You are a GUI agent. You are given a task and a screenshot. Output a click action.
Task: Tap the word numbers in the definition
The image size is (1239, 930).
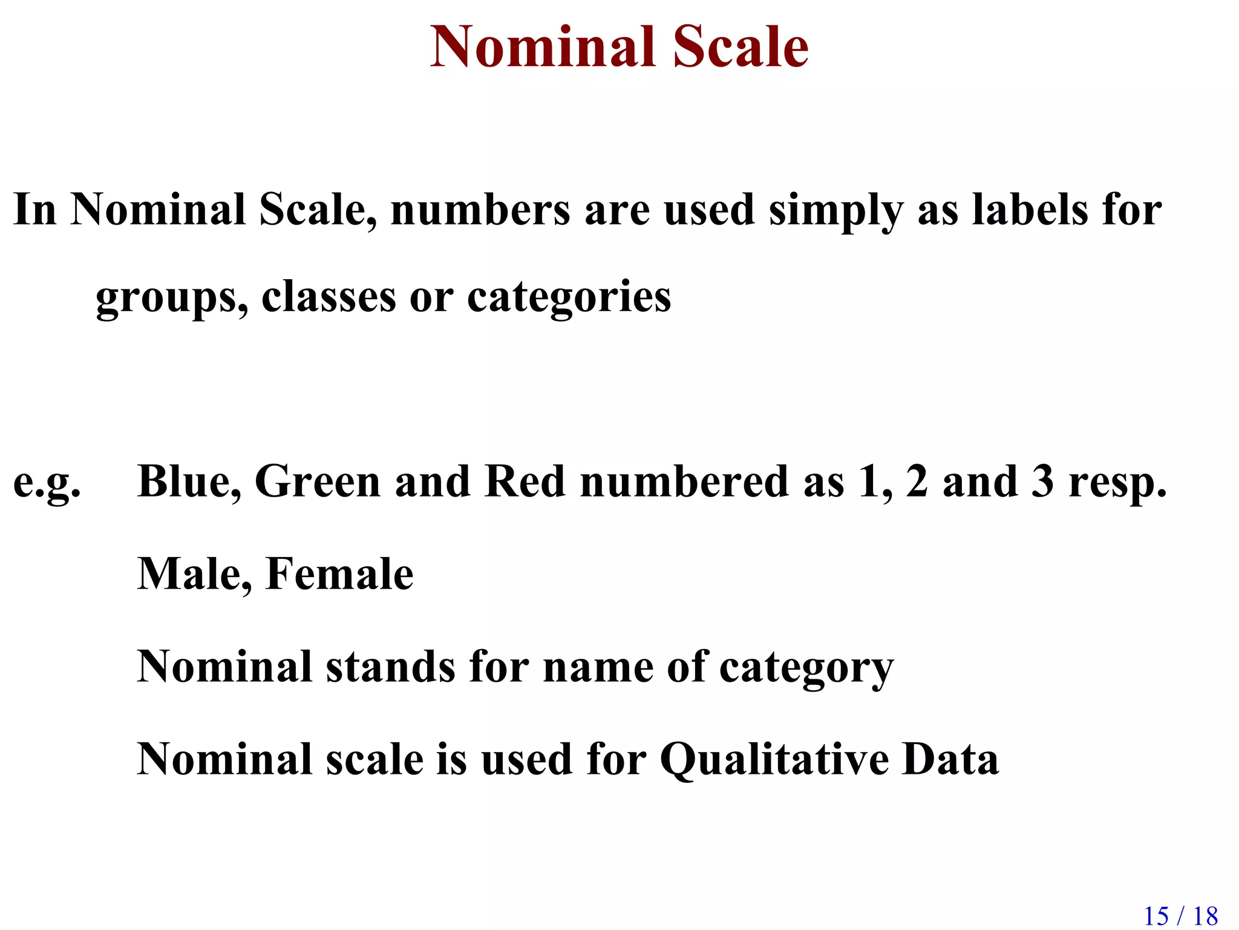click(480, 210)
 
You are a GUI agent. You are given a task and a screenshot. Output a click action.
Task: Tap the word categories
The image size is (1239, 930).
click(569, 298)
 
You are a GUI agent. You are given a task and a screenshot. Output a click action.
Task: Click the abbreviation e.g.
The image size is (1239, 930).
click(47, 483)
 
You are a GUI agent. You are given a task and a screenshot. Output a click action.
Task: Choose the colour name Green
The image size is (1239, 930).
click(317, 482)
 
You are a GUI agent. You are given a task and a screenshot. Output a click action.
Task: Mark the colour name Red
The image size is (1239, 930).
click(525, 482)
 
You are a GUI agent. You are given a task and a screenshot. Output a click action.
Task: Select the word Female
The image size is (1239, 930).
click(339, 574)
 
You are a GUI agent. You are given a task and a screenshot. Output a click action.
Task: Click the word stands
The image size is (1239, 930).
click(390, 667)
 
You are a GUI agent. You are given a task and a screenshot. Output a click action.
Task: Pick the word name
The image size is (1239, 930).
click(598, 668)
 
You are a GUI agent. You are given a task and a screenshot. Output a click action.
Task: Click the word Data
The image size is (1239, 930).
click(950, 759)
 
